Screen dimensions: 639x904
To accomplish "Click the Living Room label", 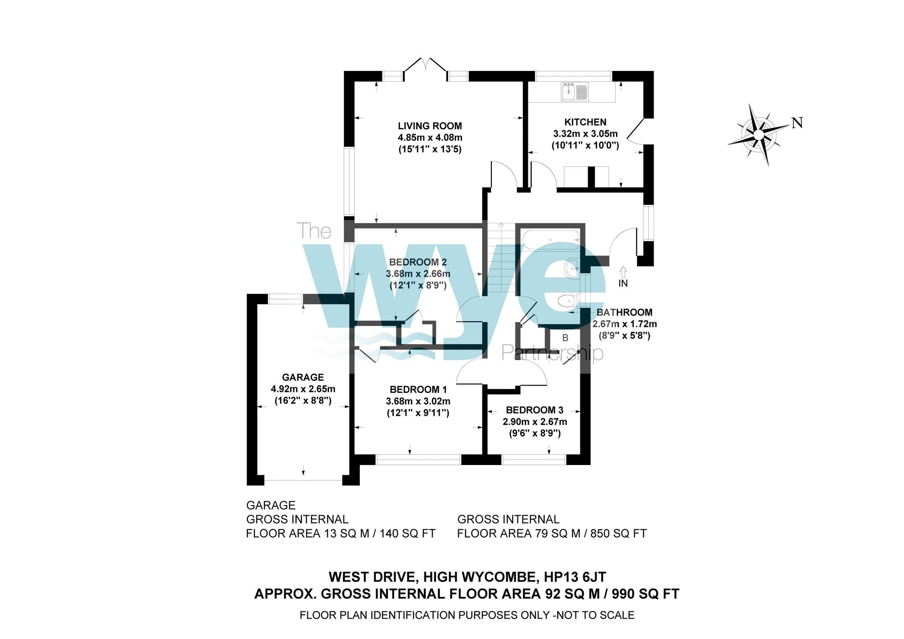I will (430, 126).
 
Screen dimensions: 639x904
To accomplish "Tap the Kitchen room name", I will (585, 122).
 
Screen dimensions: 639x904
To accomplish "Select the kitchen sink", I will (574, 91).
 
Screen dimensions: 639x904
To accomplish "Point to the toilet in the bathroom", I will (568, 301).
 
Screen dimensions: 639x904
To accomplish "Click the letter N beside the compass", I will (797, 122).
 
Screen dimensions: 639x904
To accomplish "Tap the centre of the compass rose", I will (759, 135).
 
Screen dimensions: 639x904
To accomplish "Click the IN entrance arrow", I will (623, 272).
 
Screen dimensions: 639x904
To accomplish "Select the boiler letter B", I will (565, 338).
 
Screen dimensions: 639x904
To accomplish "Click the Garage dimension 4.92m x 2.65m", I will (303, 389).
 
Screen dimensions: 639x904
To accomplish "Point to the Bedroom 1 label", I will (418, 390).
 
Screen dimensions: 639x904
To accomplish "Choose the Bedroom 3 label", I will (534, 410).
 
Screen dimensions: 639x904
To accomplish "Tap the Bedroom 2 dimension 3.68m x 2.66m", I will (418, 274).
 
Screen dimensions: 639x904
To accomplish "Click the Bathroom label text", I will (624, 312).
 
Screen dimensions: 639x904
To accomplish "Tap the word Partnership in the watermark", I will (552, 352).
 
